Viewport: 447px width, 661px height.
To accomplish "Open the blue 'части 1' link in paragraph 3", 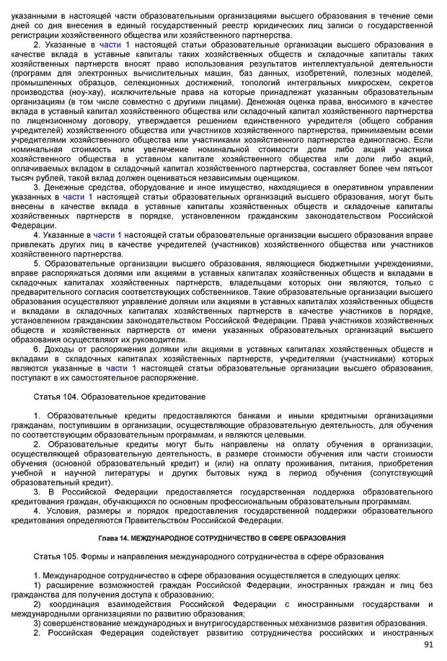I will [x=78, y=196].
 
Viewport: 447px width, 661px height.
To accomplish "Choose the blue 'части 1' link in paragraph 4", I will [x=107, y=235].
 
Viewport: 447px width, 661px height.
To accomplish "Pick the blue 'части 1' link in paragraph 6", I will [x=121, y=368].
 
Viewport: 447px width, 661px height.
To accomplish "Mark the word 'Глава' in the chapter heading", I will [x=108, y=538].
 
